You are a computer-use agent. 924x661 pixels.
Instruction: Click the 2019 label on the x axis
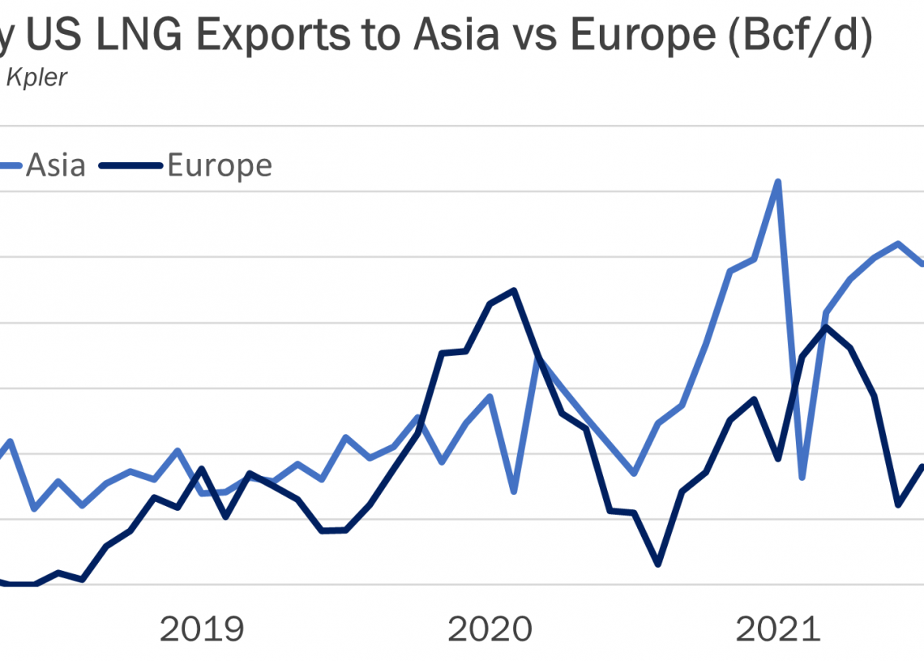pyautogui.click(x=202, y=629)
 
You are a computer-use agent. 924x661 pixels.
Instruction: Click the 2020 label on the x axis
pyautogui.click(x=490, y=629)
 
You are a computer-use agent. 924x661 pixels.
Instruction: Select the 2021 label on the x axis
pyautogui.click(x=777, y=629)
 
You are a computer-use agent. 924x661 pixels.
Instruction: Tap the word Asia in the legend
pyautogui.click(x=56, y=165)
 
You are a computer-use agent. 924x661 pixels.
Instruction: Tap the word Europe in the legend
pyautogui.click(x=220, y=165)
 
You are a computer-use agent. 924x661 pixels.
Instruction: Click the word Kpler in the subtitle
pyautogui.click(x=36, y=79)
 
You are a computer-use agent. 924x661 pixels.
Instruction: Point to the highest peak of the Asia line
pyautogui.click(x=778, y=182)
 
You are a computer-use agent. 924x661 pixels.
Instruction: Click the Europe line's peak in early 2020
pyautogui.click(x=514, y=290)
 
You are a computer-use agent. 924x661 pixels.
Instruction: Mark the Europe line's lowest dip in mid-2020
pyautogui.click(x=658, y=564)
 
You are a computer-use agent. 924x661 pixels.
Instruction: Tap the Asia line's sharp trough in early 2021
pyautogui.click(x=802, y=477)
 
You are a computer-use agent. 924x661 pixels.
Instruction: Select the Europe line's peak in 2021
pyautogui.click(x=826, y=327)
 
